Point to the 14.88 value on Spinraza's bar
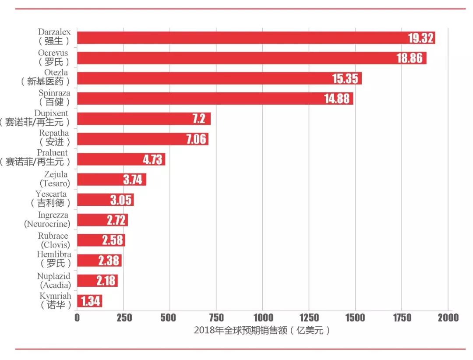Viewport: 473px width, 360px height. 337,99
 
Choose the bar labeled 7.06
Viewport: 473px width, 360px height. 142,139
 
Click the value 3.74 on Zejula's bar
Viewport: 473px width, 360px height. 133,180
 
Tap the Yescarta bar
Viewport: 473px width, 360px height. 105,200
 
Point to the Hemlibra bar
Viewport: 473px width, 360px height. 99,261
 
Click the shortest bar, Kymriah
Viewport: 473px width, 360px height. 89,301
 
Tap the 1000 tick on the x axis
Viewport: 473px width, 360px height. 262,318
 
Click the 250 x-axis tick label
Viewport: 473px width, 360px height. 123,318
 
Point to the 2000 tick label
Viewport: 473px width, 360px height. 447,318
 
